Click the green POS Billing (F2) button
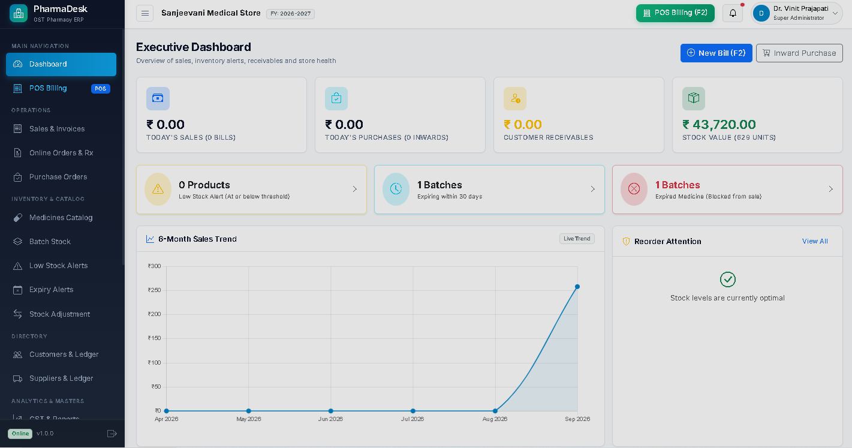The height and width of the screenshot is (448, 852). pos(675,13)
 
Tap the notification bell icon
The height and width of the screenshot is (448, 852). pos(733,13)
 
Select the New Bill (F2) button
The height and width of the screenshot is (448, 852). pos(716,53)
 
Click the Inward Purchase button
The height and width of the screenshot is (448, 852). pos(799,53)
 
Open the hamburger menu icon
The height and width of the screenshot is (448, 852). pos(145,13)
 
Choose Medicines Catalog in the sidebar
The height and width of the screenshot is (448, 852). pos(61,218)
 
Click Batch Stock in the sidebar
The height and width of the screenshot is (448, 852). pos(50,242)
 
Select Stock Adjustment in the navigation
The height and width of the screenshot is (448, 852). pos(60,314)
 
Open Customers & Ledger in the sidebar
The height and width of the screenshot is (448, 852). pos(64,354)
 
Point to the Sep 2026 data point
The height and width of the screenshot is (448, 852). pos(577,287)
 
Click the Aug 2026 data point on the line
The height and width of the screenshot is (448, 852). pos(495,411)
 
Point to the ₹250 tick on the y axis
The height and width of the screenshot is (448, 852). pos(155,290)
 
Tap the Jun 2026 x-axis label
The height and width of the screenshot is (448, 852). pos(330,419)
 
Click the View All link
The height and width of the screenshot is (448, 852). pos(815,241)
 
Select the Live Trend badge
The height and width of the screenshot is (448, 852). pos(577,239)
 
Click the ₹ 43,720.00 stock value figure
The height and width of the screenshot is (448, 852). pos(719,124)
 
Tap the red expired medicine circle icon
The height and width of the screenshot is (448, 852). pos(634,189)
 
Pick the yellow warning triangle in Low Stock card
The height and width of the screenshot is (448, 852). pos(158,189)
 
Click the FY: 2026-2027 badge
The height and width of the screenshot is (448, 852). pos(290,14)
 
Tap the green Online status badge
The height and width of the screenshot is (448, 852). pos(20,434)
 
